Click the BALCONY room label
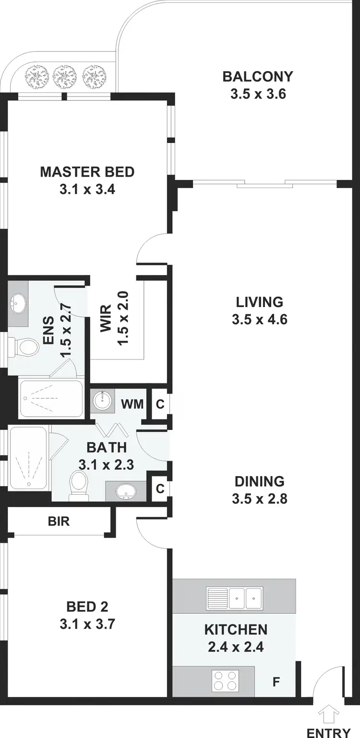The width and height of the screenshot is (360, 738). [x=258, y=76]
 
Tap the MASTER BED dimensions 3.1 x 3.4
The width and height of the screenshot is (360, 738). [x=87, y=190]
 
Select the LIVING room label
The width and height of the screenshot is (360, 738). [x=259, y=302]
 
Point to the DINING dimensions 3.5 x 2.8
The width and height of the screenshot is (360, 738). [x=259, y=499]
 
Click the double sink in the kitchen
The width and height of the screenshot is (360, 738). [x=234, y=598]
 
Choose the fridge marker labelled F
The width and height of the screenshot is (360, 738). [x=277, y=681]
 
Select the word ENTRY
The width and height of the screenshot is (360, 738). [x=329, y=732]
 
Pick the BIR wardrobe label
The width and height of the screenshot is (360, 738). [x=59, y=521]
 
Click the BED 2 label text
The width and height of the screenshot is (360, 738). [x=87, y=607]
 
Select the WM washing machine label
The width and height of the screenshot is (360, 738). [x=132, y=404]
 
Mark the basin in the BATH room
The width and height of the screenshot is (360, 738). [x=127, y=490]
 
